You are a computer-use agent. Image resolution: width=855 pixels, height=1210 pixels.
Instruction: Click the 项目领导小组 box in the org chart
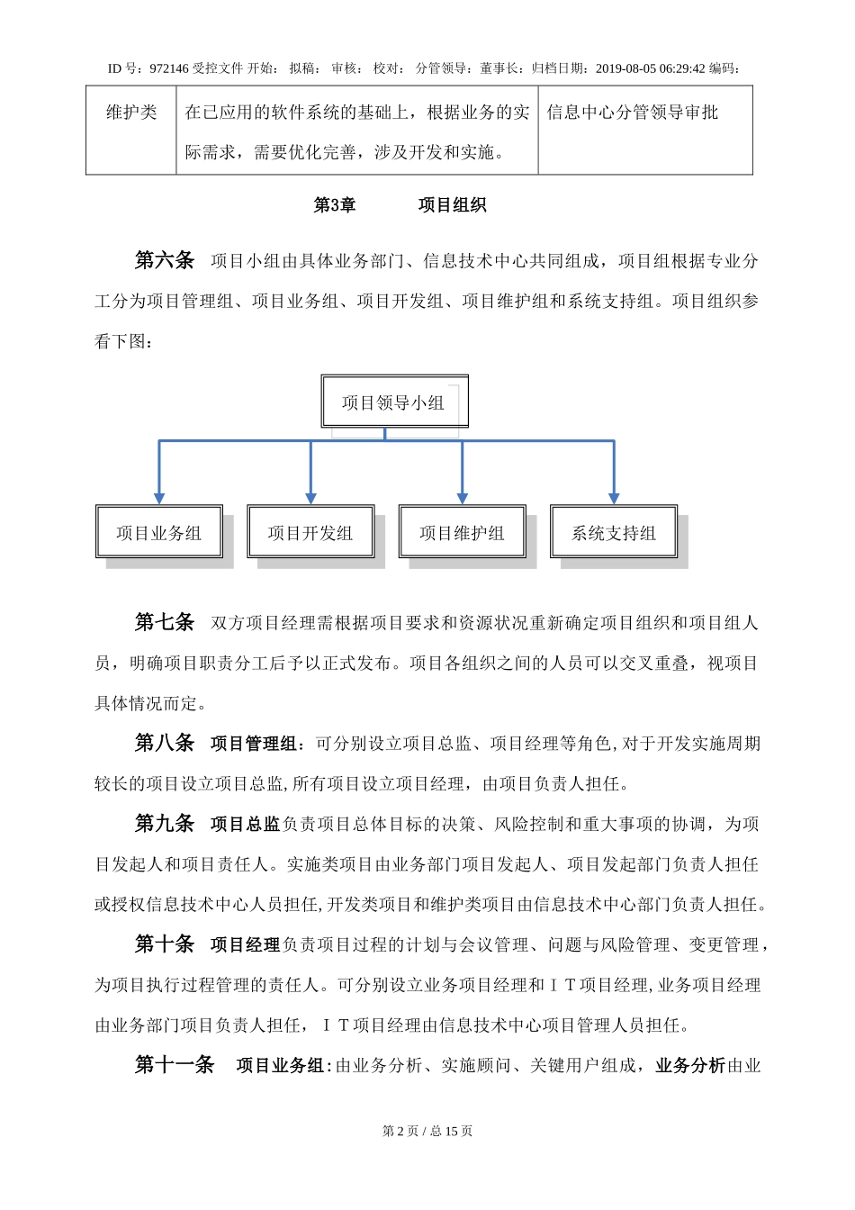pos(394,402)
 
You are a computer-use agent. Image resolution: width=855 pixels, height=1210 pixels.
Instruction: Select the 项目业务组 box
pos(159,532)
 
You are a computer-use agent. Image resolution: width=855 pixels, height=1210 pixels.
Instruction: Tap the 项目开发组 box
pos(310,532)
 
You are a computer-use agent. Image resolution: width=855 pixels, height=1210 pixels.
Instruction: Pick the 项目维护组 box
pos(462,532)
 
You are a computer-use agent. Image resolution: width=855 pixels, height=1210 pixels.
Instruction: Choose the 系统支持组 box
pos(614,532)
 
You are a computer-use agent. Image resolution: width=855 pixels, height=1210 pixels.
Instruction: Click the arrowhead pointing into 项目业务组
pos(159,498)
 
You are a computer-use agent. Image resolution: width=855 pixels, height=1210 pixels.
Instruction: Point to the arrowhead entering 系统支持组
pos(614,498)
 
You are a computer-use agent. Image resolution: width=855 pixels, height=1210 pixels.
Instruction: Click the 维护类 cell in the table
pos(131,113)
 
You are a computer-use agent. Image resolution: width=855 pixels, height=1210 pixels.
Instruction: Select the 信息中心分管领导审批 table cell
pos(633,113)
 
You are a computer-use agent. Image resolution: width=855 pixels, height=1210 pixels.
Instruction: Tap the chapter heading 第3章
pos(335,205)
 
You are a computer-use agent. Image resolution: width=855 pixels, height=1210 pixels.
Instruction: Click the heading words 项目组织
pos(452,205)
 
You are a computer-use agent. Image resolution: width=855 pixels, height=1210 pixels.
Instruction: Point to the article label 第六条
pos(165,260)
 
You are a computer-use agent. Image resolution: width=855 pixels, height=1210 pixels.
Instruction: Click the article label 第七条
pos(165,622)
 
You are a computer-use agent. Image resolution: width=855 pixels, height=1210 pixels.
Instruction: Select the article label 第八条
pos(165,743)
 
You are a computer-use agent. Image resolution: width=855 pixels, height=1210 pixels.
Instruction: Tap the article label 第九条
pos(165,823)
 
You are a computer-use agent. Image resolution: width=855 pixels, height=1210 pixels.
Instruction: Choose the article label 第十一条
pos(175,1065)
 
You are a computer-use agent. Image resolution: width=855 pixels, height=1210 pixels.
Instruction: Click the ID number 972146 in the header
pos(169,68)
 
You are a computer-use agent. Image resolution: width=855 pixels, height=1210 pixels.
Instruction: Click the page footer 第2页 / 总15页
pos(427,1131)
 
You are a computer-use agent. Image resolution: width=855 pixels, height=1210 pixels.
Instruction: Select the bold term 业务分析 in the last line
pos(690,1065)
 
